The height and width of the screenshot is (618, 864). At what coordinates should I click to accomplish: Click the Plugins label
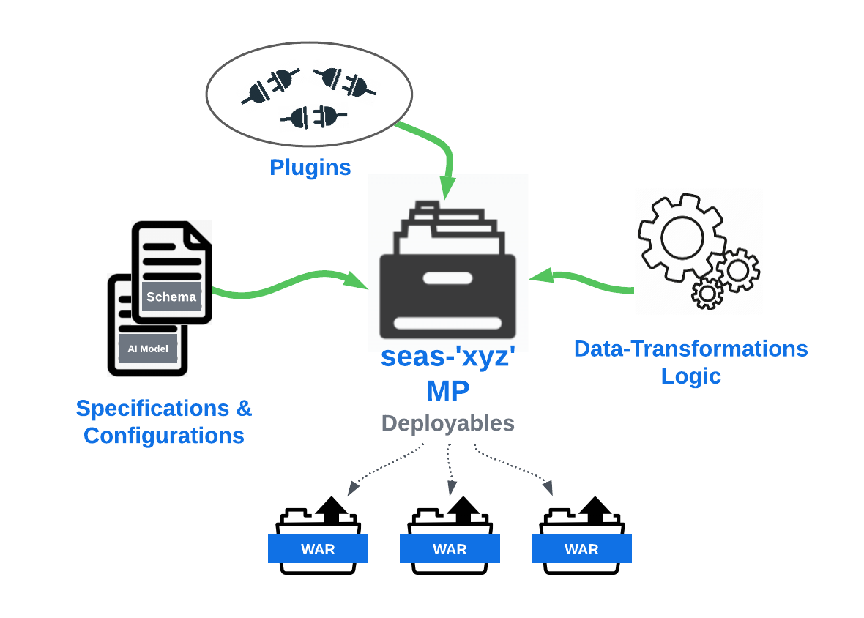click(x=310, y=168)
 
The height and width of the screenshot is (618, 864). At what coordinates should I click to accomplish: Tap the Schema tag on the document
click(x=171, y=297)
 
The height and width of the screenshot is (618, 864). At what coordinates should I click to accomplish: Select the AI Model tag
click(x=148, y=349)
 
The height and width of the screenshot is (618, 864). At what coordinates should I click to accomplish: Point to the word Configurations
click(x=163, y=435)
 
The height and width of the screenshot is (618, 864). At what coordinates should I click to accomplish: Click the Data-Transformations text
click(x=690, y=349)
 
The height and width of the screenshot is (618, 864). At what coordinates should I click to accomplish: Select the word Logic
click(x=690, y=376)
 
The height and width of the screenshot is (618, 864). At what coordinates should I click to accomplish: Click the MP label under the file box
click(x=447, y=391)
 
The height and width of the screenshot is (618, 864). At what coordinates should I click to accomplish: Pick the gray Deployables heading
click(x=447, y=423)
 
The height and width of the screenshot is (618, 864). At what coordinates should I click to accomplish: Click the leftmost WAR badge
click(x=318, y=549)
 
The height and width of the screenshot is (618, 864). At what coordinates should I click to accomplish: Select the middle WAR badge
click(x=450, y=549)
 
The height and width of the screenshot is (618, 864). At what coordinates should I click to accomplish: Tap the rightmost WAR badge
click(x=581, y=549)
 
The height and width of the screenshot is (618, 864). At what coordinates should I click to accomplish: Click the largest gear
click(x=681, y=236)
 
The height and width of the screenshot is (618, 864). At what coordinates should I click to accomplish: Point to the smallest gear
click(x=707, y=294)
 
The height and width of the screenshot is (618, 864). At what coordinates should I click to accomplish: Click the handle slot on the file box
click(x=447, y=278)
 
